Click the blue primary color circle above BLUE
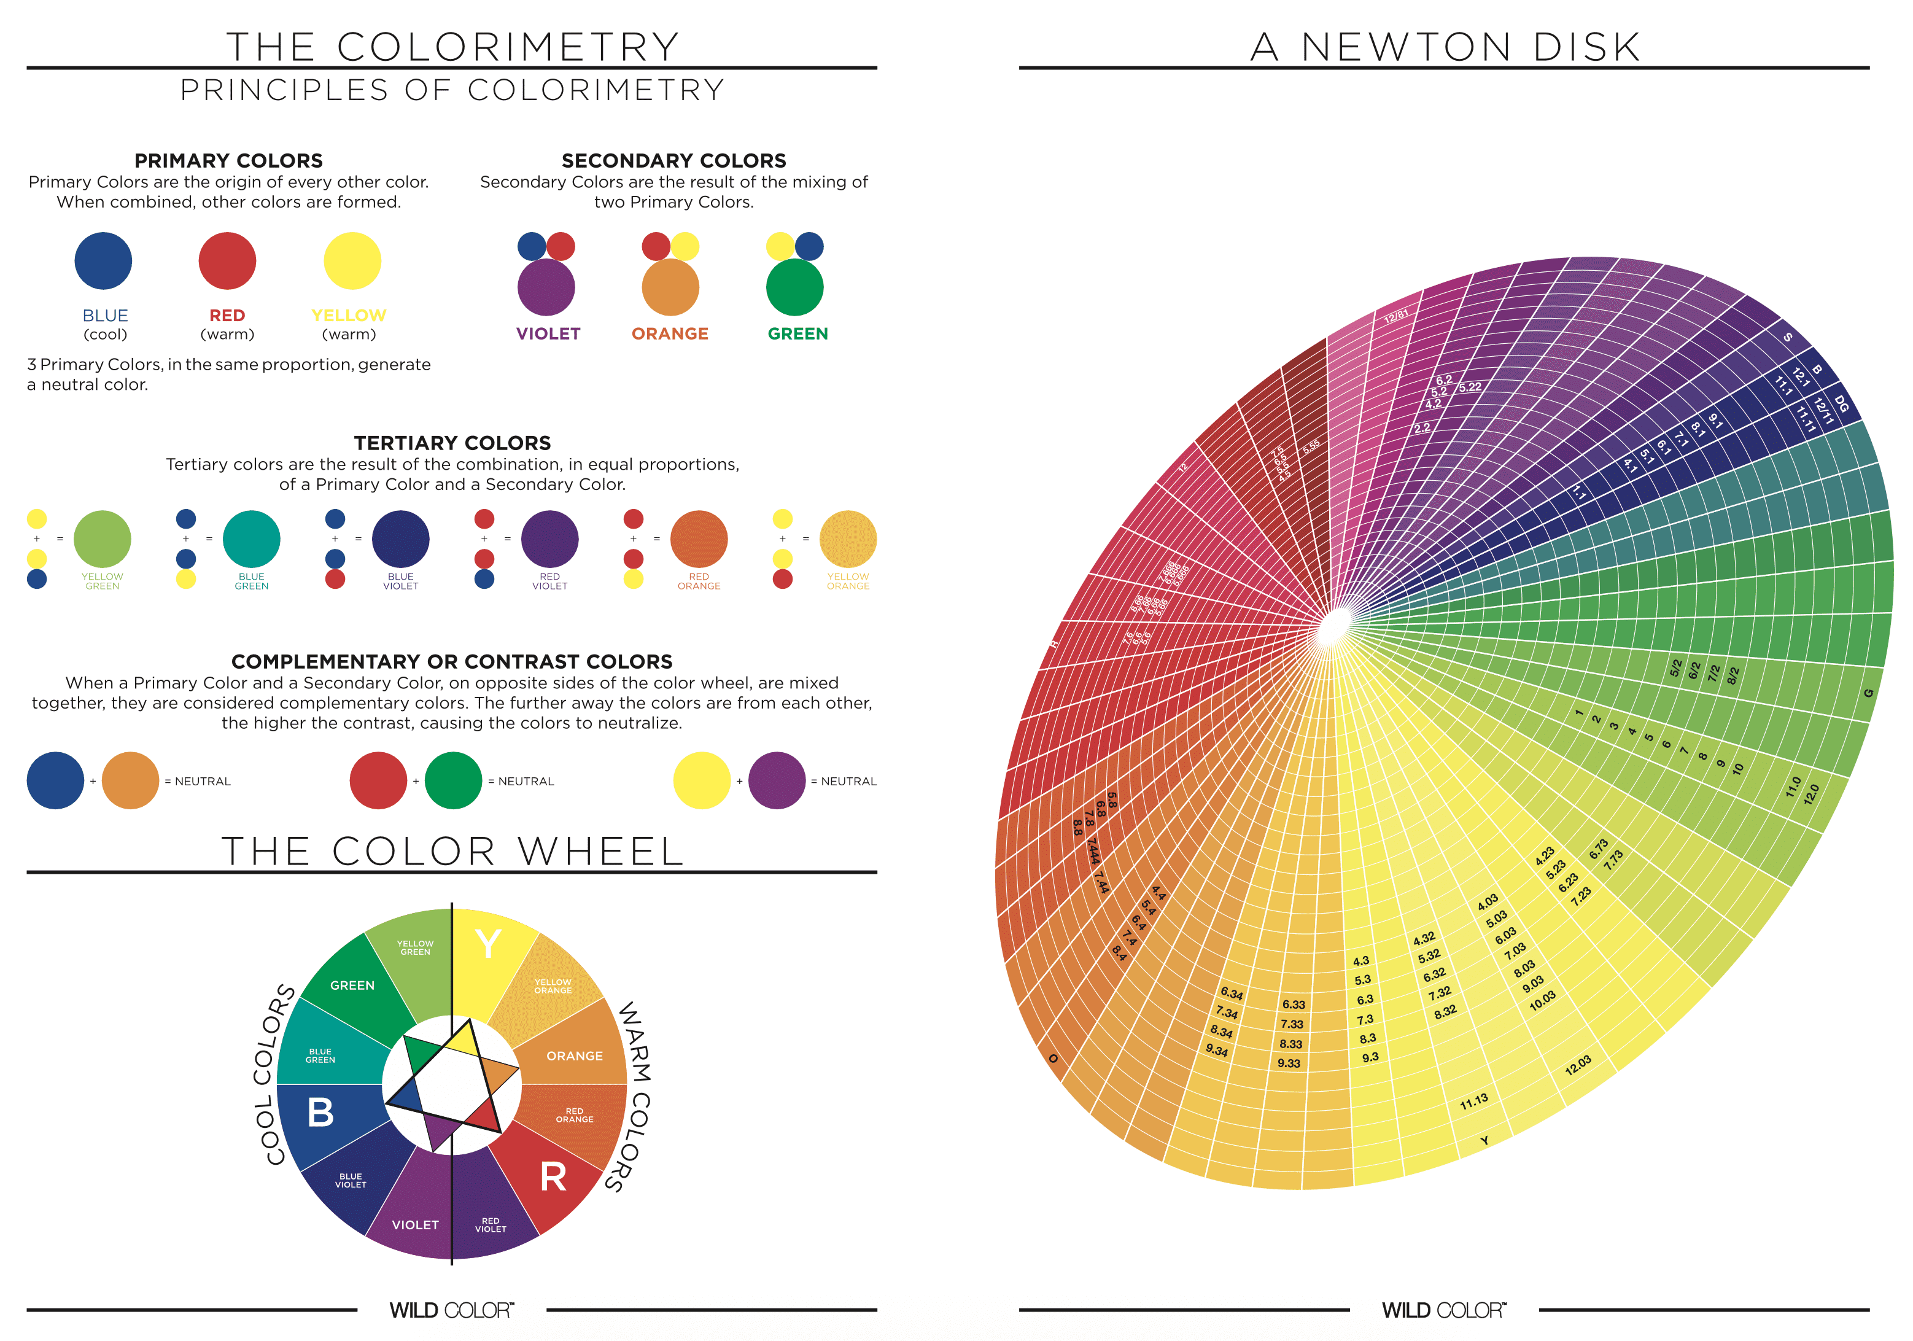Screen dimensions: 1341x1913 [x=103, y=261]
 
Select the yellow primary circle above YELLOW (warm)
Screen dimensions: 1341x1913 [x=352, y=261]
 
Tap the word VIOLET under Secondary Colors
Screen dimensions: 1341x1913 [x=548, y=333]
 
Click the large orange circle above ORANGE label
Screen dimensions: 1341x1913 [x=670, y=287]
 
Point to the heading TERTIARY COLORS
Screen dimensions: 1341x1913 [x=452, y=443]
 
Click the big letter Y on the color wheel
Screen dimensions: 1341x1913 [x=487, y=945]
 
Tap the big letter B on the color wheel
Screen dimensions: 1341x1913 [x=320, y=1113]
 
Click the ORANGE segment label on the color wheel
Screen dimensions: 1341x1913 [x=574, y=1056]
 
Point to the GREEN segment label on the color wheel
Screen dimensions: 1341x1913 [x=352, y=985]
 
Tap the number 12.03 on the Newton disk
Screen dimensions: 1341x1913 [x=1577, y=1065]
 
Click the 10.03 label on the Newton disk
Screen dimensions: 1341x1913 [x=1542, y=1001]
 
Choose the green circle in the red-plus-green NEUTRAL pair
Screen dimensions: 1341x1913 [x=453, y=780]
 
